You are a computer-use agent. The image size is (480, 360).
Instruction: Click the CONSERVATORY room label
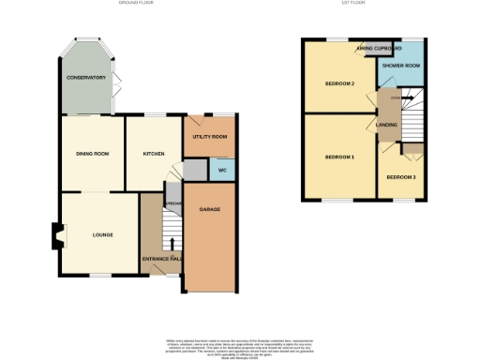pyautogui.click(x=85, y=77)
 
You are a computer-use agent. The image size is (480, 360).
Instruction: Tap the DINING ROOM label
pyautogui.click(x=93, y=153)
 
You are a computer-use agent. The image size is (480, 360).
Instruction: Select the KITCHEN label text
pyautogui.click(x=154, y=153)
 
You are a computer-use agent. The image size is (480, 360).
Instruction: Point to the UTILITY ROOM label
pyautogui.click(x=210, y=138)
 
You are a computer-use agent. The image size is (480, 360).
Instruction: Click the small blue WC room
pyautogui.click(x=222, y=170)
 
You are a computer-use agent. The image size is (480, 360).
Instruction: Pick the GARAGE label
pyautogui.click(x=210, y=209)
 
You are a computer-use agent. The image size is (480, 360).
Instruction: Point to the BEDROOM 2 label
pyautogui.click(x=338, y=83)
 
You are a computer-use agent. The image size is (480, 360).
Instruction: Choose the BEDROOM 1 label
pyautogui.click(x=338, y=156)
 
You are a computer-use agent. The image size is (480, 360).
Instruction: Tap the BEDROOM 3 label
pyautogui.click(x=400, y=177)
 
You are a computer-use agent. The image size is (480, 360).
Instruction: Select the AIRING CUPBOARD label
pyautogui.click(x=379, y=47)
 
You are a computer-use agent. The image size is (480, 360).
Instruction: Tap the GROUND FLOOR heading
pyautogui.click(x=138, y=4)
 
